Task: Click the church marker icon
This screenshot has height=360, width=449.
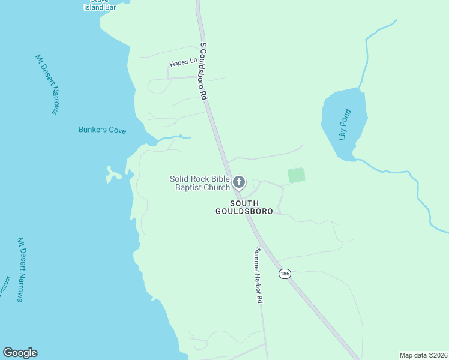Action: [239, 182]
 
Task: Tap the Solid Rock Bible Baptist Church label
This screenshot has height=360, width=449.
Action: [200, 183]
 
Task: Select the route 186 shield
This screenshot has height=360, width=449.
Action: [285, 274]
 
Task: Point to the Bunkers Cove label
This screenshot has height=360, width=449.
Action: [103, 130]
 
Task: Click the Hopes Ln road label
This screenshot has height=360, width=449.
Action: [183, 62]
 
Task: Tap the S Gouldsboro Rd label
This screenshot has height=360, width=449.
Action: [204, 71]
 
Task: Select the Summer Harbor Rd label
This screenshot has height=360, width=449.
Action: [259, 275]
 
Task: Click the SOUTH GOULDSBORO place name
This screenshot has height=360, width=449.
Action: [244, 208]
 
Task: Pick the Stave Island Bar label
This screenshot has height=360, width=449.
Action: [100, 5]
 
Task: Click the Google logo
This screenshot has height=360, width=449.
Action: [20, 353]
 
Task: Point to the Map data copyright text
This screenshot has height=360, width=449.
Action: [423, 355]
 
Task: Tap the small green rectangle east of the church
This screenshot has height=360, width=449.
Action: [297, 175]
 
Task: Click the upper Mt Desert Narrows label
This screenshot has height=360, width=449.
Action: [46, 85]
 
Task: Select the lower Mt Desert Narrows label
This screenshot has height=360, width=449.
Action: [20, 269]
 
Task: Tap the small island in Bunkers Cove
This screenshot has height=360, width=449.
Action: [112, 175]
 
